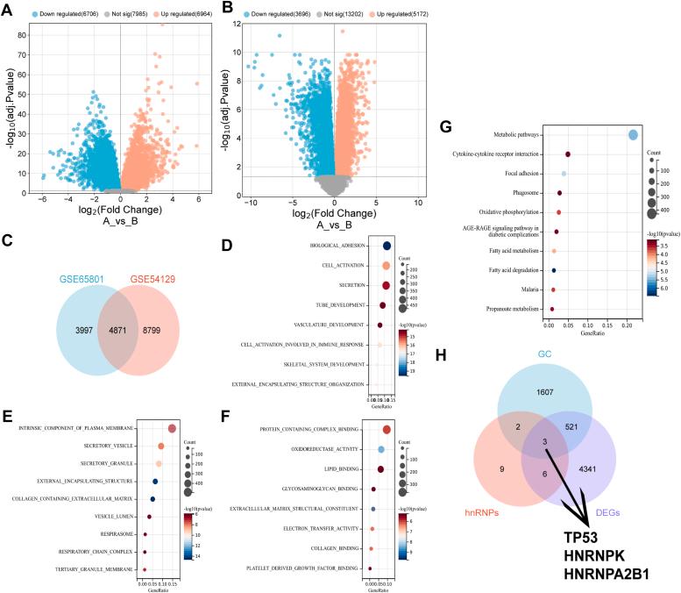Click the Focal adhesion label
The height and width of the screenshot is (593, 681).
click(521, 173)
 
